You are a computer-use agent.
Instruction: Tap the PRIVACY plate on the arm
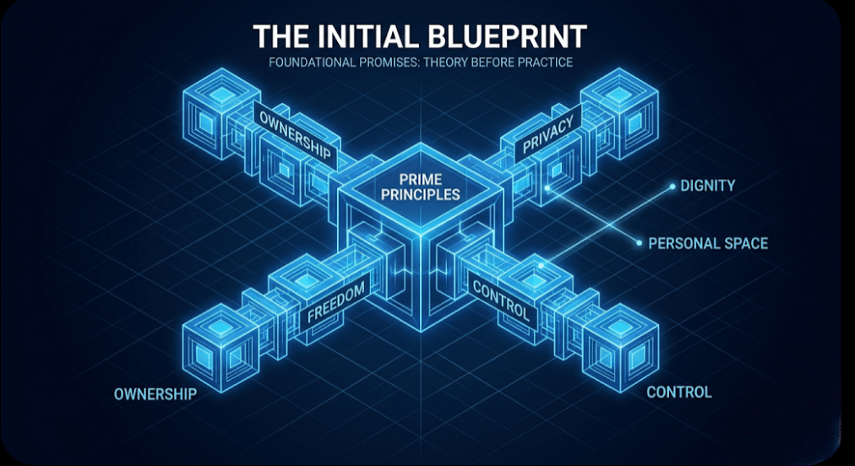[548, 134]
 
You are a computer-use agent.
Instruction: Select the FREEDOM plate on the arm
[336, 302]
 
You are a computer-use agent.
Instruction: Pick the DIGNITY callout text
[707, 186]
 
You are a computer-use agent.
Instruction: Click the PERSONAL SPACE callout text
[708, 243]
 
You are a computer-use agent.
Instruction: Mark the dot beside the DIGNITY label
[671, 186]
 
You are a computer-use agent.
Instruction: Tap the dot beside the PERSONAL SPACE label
[639, 243]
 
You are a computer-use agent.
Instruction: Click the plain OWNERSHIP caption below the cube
[155, 394]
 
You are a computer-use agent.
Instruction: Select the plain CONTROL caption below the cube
[678, 392]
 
